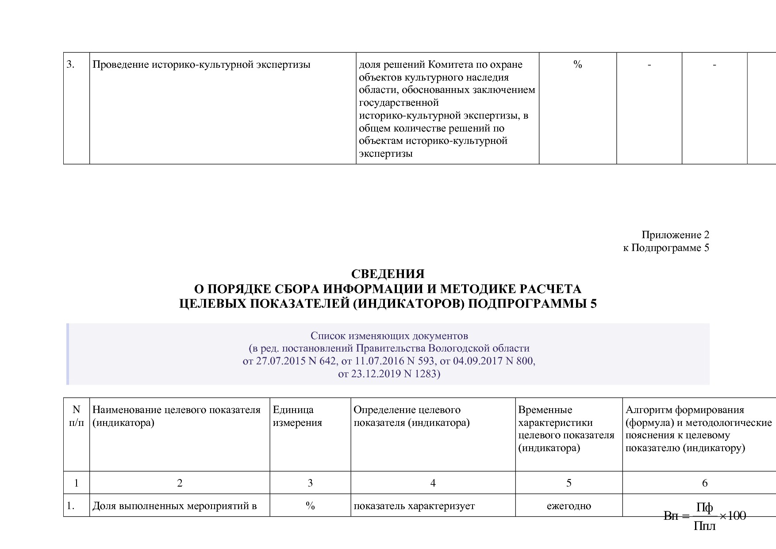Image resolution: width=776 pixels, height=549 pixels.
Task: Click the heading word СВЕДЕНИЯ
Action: pyautogui.click(x=388, y=274)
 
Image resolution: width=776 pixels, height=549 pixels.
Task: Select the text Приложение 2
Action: pyautogui.click(x=675, y=235)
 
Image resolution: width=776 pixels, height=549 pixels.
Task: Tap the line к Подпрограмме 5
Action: pyautogui.click(x=666, y=247)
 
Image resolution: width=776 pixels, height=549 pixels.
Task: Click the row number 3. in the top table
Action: pyautogui.click(x=71, y=65)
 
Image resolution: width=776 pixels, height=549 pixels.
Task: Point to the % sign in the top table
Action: pyautogui.click(x=577, y=65)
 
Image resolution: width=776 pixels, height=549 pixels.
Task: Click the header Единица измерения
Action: pyautogui.click(x=293, y=416)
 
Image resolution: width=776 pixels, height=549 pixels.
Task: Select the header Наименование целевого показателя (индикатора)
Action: pyautogui.click(x=176, y=416)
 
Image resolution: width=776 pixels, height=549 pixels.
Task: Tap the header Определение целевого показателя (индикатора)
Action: pyautogui.click(x=411, y=416)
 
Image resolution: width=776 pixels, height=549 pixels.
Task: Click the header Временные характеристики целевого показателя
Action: pyautogui.click(x=566, y=429)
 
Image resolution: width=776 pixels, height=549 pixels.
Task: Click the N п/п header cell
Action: pyautogui.click(x=76, y=416)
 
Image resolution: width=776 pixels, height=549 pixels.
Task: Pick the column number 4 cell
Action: pyautogui.click(x=433, y=483)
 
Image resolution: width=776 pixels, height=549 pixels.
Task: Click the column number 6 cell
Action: pyautogui.click(x=705, y=483)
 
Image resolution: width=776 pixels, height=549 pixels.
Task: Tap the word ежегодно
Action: pyautogui.click(x=569, y=506)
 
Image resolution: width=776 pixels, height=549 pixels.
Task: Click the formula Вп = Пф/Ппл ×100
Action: pyautogui.click(x=705, y=516)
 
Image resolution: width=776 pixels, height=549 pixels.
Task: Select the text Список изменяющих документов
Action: pyautogui.click(x=389, y=336)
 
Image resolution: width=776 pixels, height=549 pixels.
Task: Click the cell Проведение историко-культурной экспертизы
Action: pyautogui.click(x=201, y=65)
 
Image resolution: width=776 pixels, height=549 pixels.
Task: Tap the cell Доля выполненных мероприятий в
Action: pyautogui.click(x=174, y=506)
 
